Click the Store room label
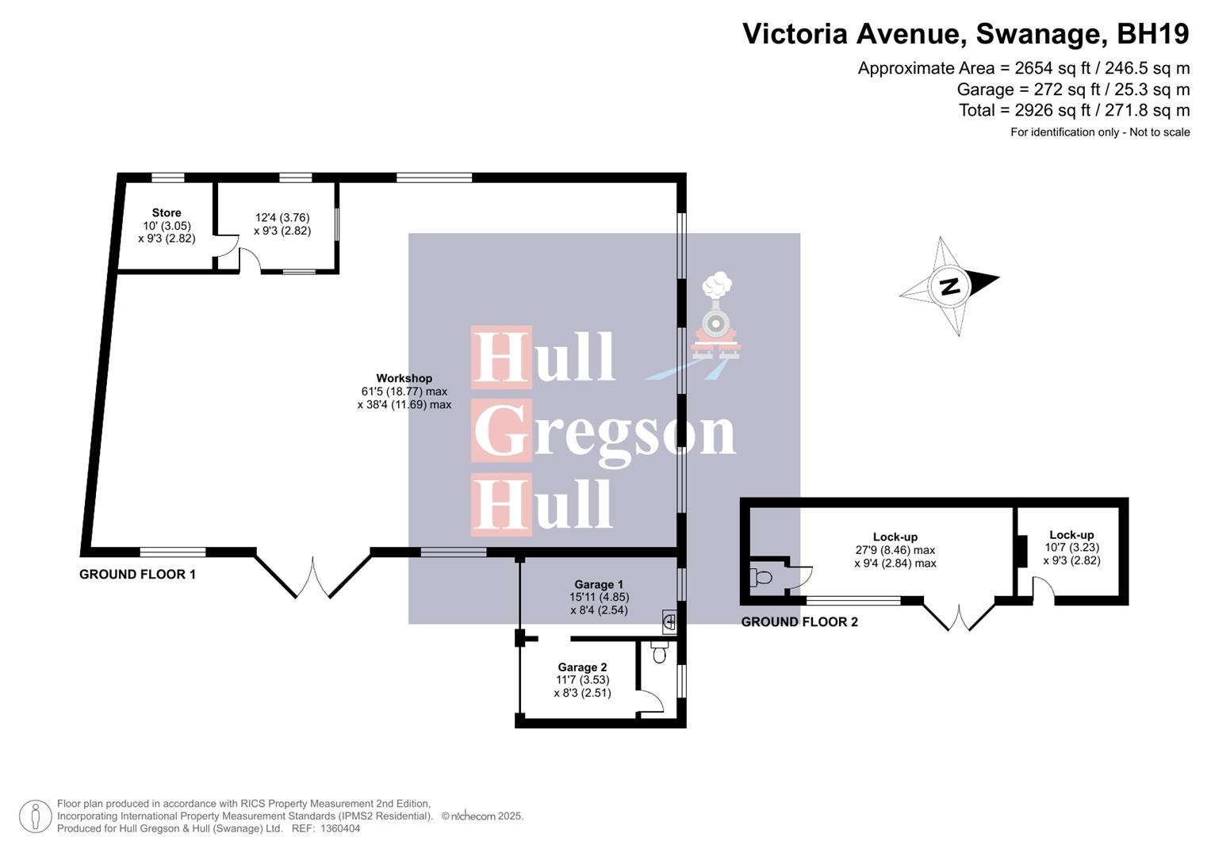pyautogui.click(x=167, y=212)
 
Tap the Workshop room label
pyautogui.click(x=404, y=378)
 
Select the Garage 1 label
pyautogui.click(x=599, y=584)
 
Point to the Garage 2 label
pyautogui.click(x=582, y=667)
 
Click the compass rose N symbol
pyautogui.click(x=949, y=286)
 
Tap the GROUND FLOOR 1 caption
pyautogui.click(x=137, y=574)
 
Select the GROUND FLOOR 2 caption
pyautogui.click(x=799, y=621)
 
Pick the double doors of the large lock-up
pyautogui.click(x=959, y=617)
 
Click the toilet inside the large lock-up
pyautogui.click(x=764, y=577)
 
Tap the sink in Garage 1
pyautogui.click(x=669, y=622)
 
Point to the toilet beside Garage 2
pyautogui.click(x=659, y=652)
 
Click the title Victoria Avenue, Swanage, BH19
pyautogui.click(x=965, y=34)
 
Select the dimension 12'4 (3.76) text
pyautogui.click(x=282, y=217)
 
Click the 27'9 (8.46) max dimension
pyautogui.click(x=895, y=550)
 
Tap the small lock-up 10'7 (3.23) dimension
pyautogui.click(x=1071, y=548)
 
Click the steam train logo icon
pyautogui.click(x=716, y=317)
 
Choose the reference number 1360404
pyautogui.click(x=340, y=828)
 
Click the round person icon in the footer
pyautogui.click(x=35, y=816)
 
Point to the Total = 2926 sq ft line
pyautogui.click(x=1074, y=110)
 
